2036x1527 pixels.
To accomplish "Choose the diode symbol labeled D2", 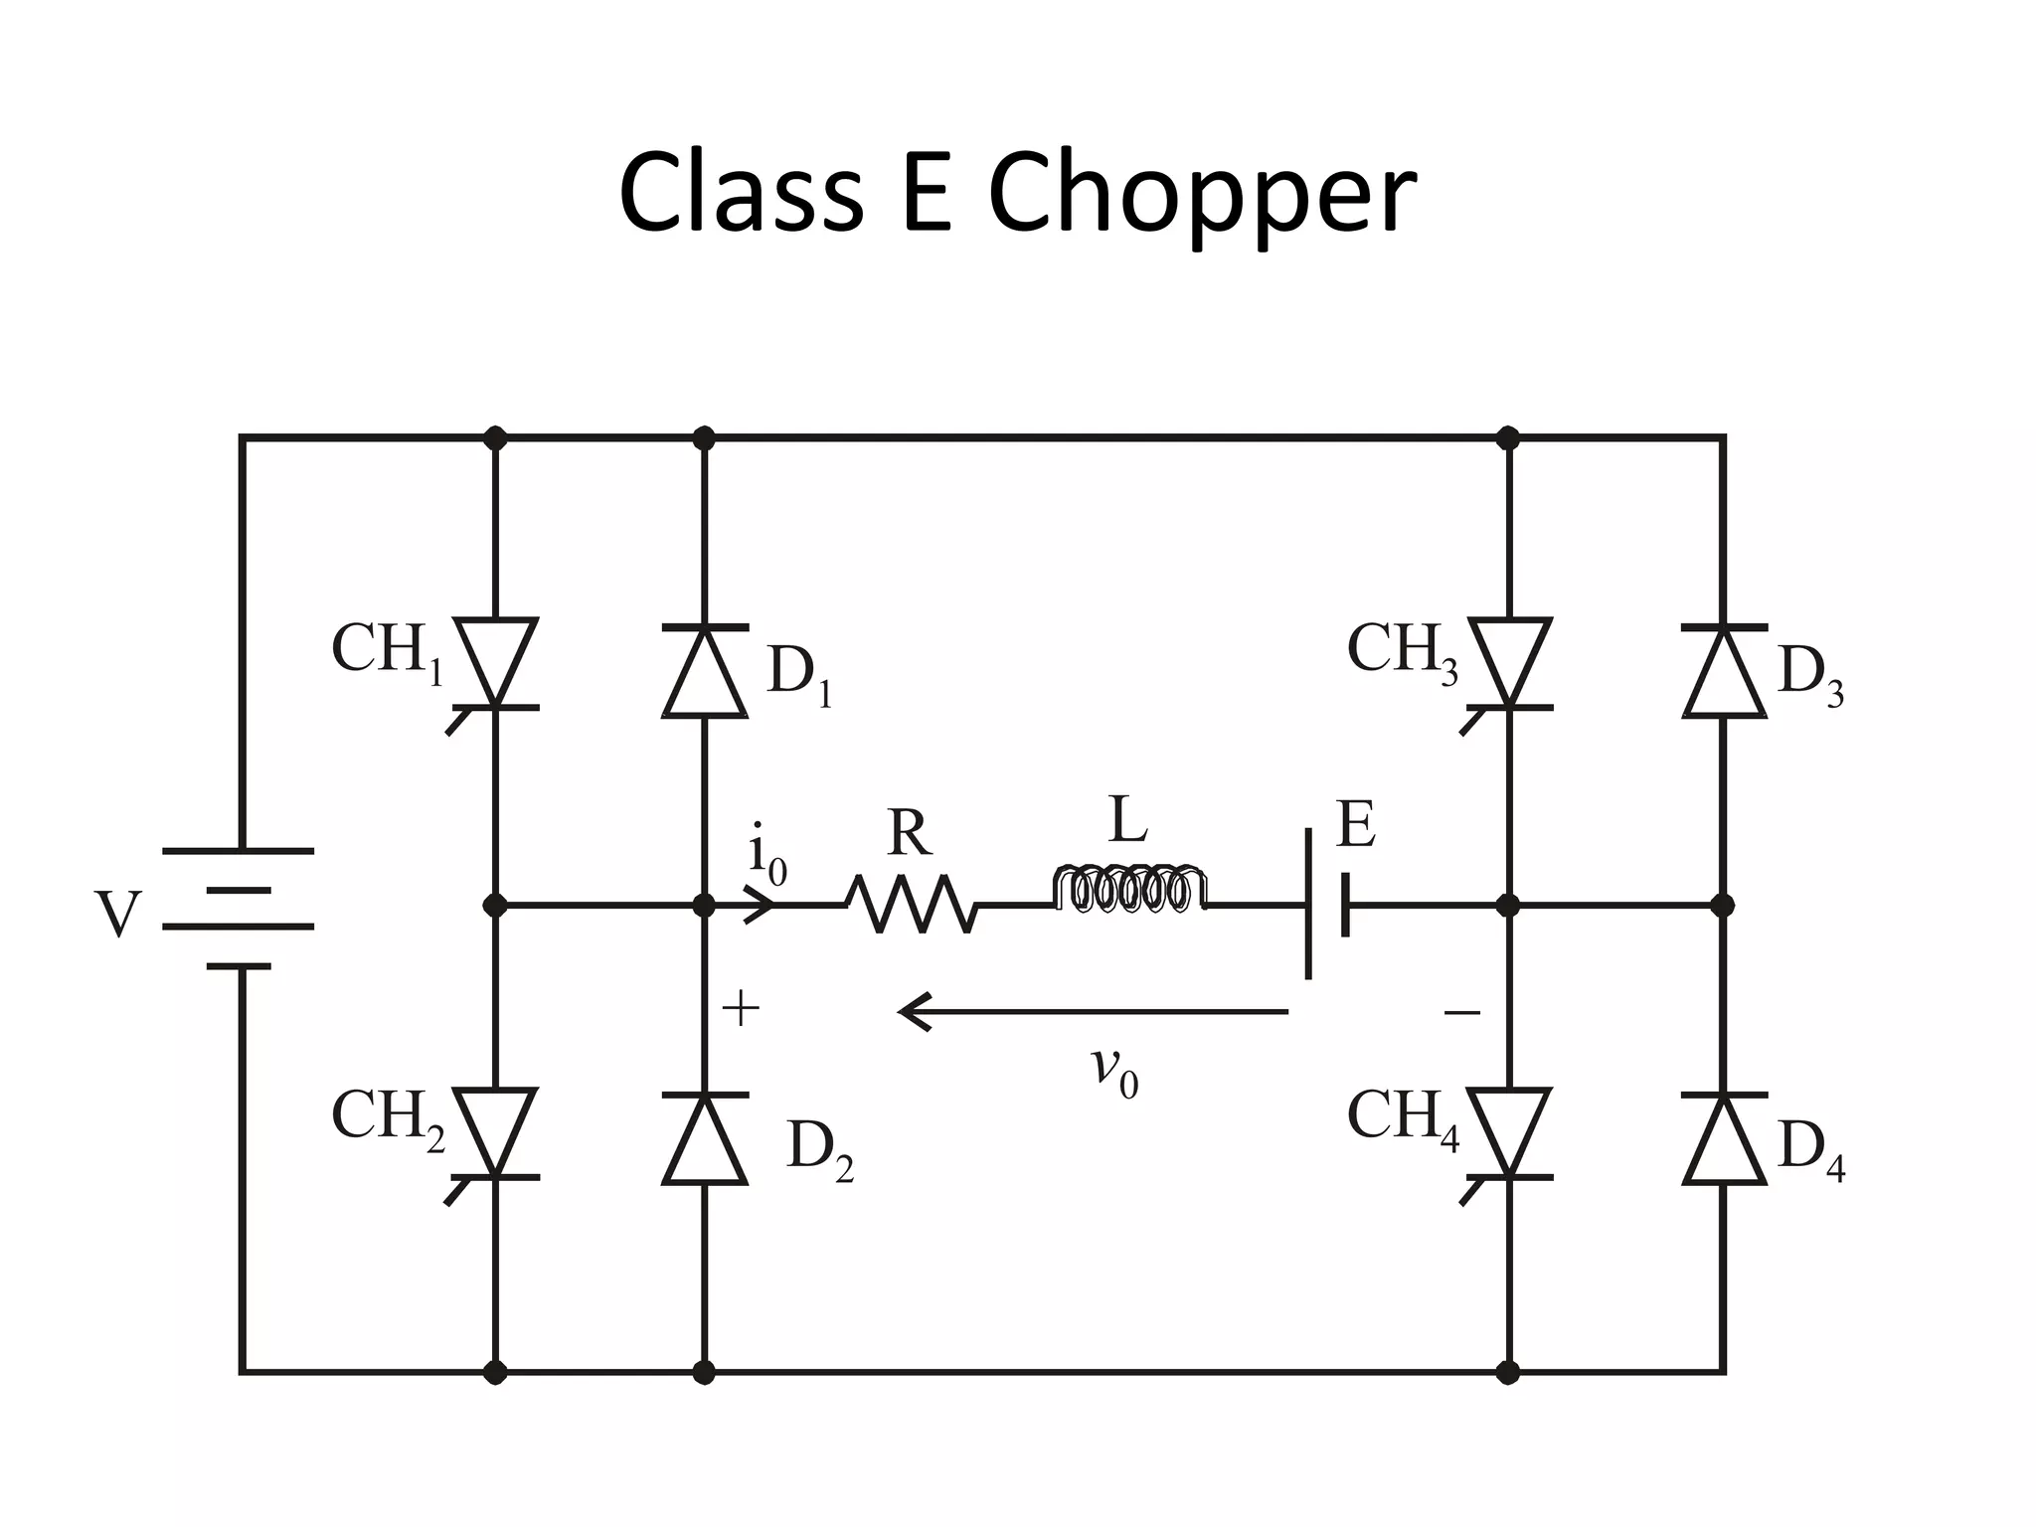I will point(704,1140).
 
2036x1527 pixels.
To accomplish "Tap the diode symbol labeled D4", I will point(1724,1140).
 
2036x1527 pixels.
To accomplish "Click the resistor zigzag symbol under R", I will point(912,904).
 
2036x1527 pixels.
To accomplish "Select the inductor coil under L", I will point(1129,890).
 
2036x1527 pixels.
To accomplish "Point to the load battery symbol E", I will point(1327,905).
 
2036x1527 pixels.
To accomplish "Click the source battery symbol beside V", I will point(239,908).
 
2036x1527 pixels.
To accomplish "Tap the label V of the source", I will point(117,915).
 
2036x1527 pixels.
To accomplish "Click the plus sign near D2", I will point(741,1011).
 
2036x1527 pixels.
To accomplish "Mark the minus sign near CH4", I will point(1461,1013).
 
